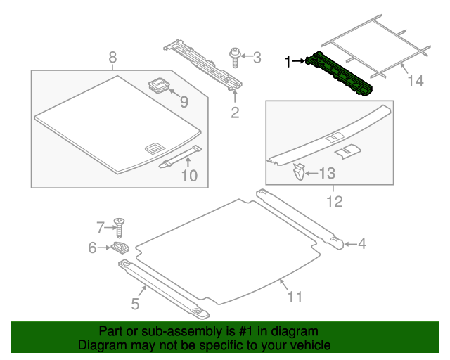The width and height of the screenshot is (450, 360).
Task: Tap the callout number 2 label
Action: click(x=236, y=112)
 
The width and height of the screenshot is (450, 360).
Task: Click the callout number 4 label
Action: click(x=362, y=244)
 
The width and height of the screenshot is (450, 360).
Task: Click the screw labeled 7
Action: click(x=120, y=228)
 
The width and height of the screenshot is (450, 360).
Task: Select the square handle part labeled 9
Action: click(x=160, y=88)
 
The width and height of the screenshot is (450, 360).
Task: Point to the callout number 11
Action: click(x=294, y=297)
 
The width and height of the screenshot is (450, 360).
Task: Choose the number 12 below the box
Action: click(x=334, y=202)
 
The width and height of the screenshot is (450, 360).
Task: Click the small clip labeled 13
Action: click(x=299, y=172)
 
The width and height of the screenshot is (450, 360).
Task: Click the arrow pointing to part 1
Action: click(x=298, y=62)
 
